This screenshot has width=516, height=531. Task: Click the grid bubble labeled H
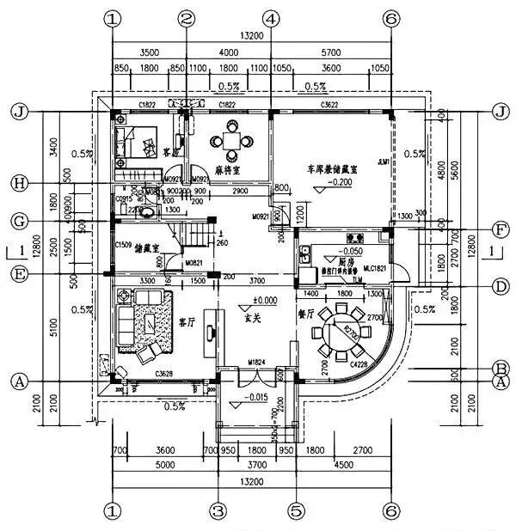(x=18, y=182)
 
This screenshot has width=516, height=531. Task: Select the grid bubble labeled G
(x=18, y=221)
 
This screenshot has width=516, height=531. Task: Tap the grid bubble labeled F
(x=500, y=230)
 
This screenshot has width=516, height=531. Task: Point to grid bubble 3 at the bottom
(x=219, y=511)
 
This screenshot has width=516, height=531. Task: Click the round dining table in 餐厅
(x=331, y=330)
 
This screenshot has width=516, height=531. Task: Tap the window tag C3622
(x=329, y=105)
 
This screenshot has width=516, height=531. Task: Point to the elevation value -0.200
(x=341, y=183)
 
